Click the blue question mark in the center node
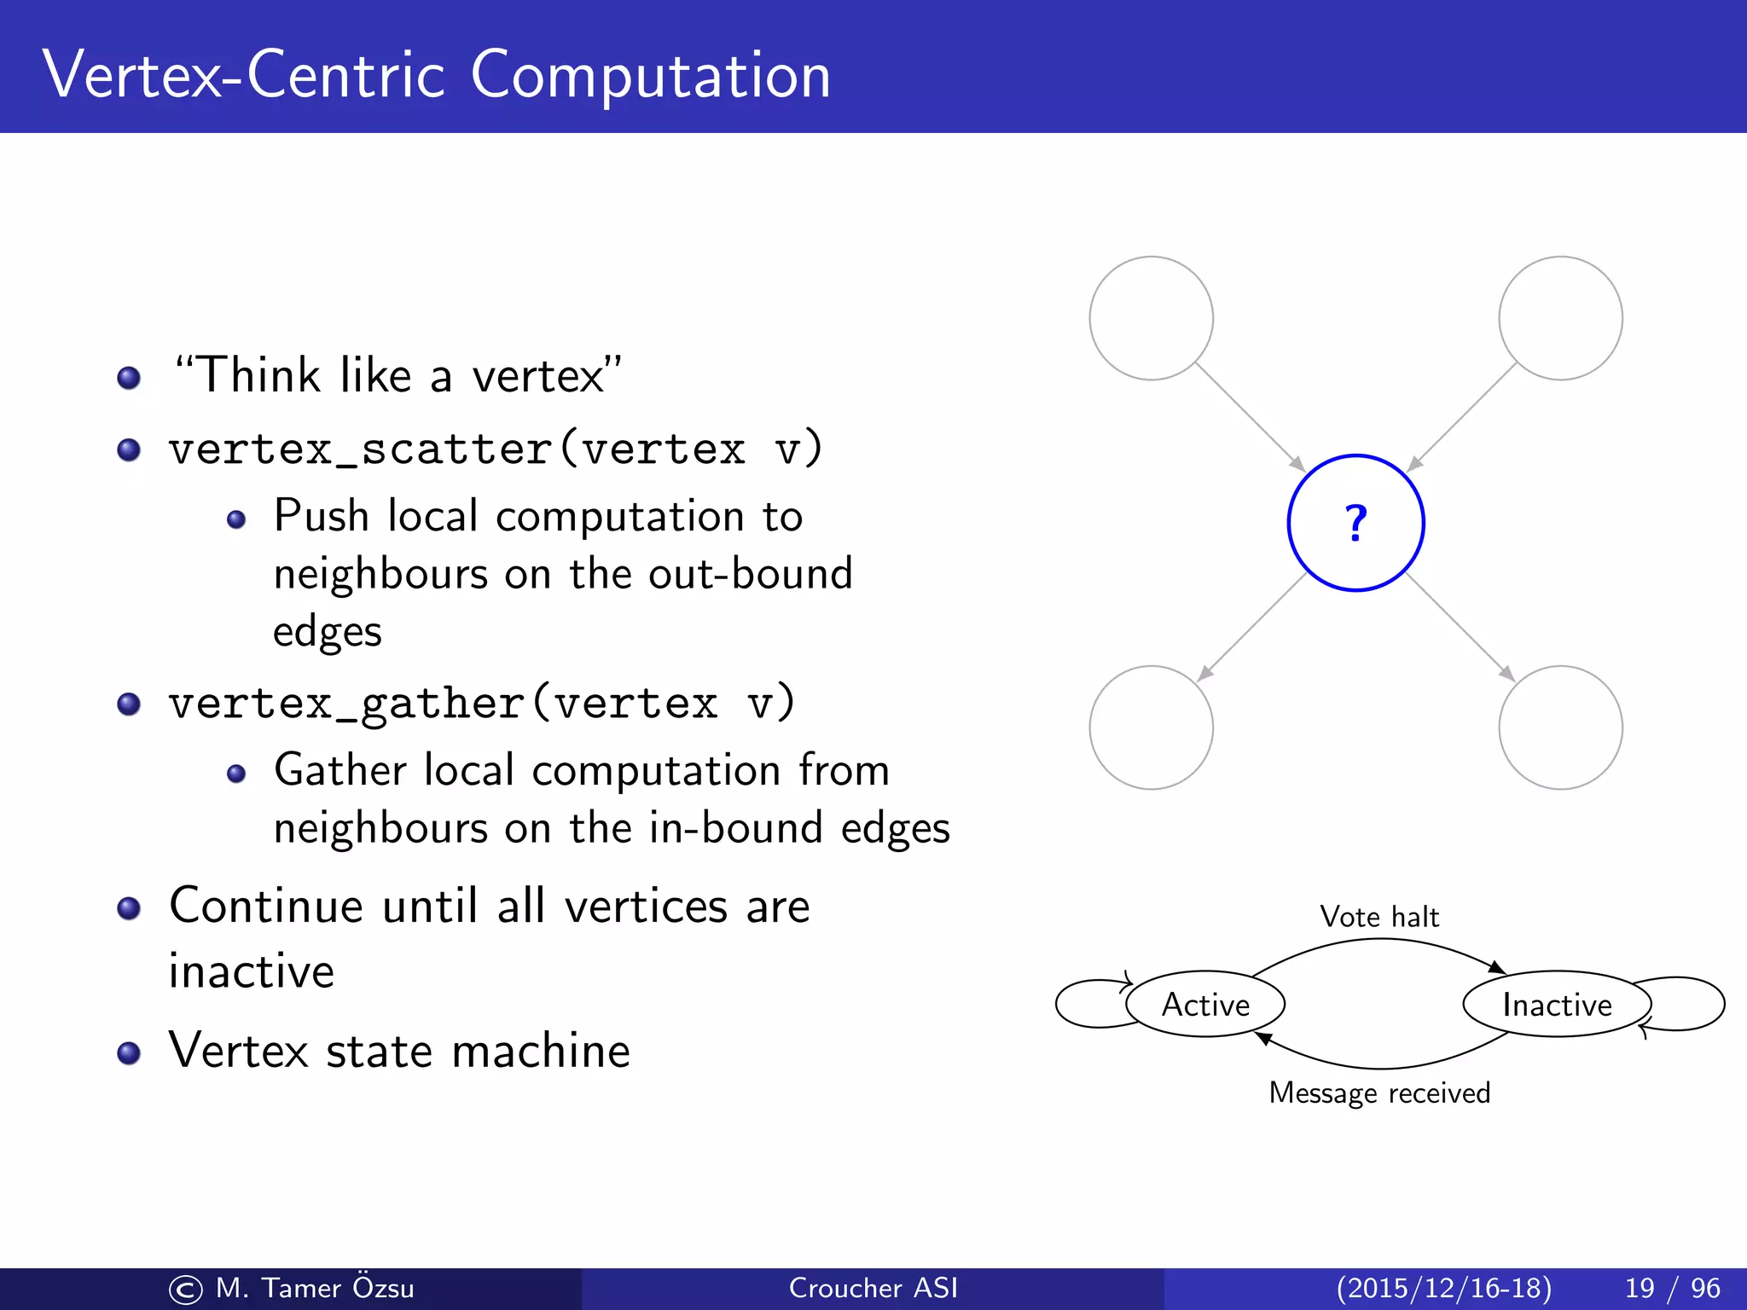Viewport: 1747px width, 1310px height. coord(1355,523)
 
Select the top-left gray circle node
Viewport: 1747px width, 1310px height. coord(1151,318)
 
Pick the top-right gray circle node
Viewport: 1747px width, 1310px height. coord(1560,318)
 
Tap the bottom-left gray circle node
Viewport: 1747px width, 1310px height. coord(1151,727)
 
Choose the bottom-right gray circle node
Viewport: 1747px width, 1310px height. coord(1560,727)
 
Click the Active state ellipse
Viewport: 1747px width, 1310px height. coord(1205,1004)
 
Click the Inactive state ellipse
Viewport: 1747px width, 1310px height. coord(1556,1004)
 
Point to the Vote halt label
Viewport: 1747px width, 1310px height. coord(1379,917)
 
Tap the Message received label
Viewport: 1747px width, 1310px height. coord(1379,1093)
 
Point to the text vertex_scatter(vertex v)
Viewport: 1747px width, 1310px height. coord(496,449)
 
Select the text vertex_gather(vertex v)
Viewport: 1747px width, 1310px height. coord(482,703)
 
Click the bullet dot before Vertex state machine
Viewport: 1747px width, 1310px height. coord(129,1053)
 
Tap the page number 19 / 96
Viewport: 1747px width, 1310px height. coord(1672,1288)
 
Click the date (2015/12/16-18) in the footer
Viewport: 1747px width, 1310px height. coord(1443,1288)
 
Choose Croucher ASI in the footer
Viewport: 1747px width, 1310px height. coord(873,1288)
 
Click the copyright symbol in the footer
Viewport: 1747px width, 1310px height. coord(185,1290)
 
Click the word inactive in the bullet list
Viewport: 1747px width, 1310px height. coord(252,971)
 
